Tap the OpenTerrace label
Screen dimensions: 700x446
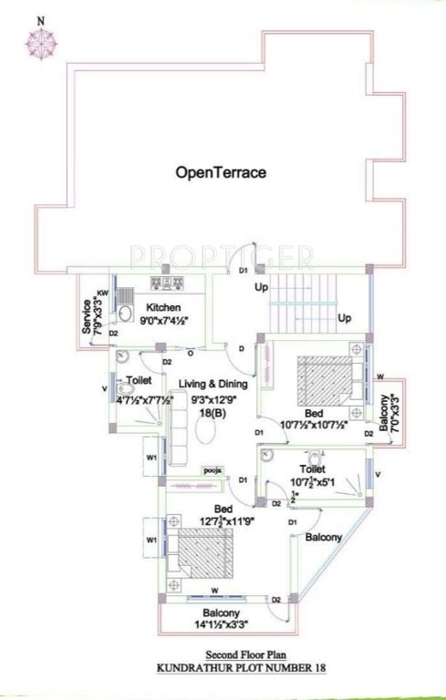(x=222, y=170)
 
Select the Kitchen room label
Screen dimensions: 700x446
(x=162, y=307)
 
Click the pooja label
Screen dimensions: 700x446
(x=213, y=470)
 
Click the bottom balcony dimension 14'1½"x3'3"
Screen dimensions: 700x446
(x=222, y=624)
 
